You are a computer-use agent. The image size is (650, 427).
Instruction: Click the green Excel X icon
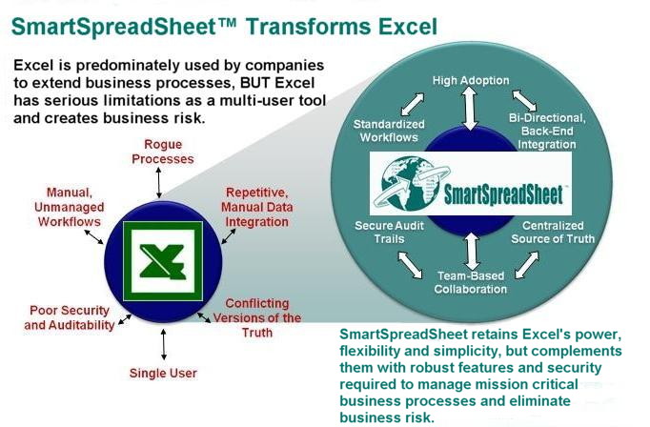[163, 261]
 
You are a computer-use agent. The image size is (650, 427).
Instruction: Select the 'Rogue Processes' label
[162, 152]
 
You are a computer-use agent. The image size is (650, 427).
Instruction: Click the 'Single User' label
[163, 373]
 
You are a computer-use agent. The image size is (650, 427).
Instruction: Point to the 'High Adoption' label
[471, 80]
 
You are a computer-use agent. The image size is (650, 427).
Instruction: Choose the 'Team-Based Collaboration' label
[471, 282]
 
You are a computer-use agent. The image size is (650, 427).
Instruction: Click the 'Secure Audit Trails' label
[389, 233]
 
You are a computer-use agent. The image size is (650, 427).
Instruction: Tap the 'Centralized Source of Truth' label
[553, 233]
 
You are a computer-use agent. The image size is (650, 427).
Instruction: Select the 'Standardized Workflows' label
[389, 131]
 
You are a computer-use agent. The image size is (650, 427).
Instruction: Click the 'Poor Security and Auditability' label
[70, 317]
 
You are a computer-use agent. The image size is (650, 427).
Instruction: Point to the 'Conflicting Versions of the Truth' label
[257, 318]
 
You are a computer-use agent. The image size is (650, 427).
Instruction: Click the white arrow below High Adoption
[470, 109]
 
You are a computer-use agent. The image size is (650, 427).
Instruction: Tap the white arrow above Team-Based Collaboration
[472, 252]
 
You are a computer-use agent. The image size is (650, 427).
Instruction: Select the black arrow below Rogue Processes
[159, 182]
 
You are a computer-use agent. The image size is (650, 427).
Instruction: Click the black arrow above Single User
[164, 344]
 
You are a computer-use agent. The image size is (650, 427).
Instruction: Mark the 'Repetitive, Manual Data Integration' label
[257, 207]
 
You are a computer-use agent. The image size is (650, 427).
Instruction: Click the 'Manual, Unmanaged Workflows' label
[70, 207]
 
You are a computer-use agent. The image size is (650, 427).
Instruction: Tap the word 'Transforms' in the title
[309, 27]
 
